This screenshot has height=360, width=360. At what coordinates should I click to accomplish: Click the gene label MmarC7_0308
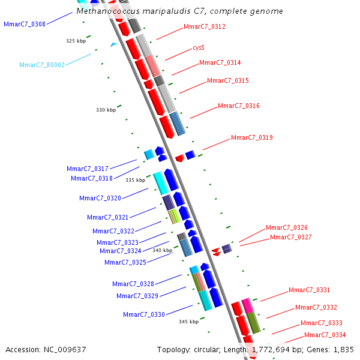[24, 24]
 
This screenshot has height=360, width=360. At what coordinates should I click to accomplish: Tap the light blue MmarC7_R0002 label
[42, 65]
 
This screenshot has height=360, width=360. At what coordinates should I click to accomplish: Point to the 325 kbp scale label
[76, 41]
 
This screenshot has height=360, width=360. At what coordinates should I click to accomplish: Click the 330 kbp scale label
[106, 110]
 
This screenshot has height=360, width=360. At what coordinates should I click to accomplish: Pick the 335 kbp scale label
[135, 179]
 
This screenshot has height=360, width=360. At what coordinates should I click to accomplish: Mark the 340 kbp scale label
[162, 250]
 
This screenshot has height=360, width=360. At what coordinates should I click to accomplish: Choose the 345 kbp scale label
[188, 322]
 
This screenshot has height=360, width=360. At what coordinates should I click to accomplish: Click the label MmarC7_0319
[252, 138]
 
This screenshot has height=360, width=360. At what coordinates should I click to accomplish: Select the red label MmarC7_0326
[287, 228]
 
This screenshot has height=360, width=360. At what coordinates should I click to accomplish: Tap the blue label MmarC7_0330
[144, 314]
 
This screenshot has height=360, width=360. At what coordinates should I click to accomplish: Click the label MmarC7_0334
[325, 335]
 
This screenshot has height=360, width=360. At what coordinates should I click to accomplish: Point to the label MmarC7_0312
[205, 26]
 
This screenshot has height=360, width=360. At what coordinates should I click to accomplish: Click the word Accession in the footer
[23, 349]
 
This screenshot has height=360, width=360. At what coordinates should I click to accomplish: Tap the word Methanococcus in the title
[107, 11]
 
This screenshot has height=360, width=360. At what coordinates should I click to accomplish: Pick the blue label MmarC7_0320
[100, 198]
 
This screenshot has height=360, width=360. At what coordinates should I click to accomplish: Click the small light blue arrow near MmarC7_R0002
[113, 44]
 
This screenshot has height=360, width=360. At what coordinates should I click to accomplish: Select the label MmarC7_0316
[239, 106]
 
